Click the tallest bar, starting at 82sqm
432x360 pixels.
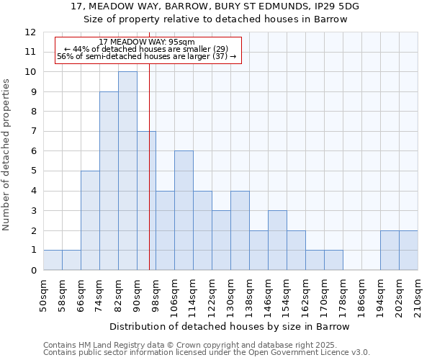(x=127, y=171)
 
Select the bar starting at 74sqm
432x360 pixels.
(x=109, y=181)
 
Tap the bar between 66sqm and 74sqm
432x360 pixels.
(x=90, y=220)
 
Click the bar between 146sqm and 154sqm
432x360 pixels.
(x=277, y=240)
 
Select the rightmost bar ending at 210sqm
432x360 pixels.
(x=408, y=251)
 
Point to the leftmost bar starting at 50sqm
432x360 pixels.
(x=53, y=260)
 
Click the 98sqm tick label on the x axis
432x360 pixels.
(x=156, y=293)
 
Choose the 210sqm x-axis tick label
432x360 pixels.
(x=418, y=293)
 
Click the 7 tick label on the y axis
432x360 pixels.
(x=32, y=132)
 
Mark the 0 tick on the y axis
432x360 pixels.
(x=32, y=271)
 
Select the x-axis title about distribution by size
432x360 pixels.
(x=230, y=326)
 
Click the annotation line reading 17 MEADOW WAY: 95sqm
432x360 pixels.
(x=146, y=42)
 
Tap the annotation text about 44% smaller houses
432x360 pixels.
(x=146, y=49)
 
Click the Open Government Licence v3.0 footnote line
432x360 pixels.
(x=207, y=353)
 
